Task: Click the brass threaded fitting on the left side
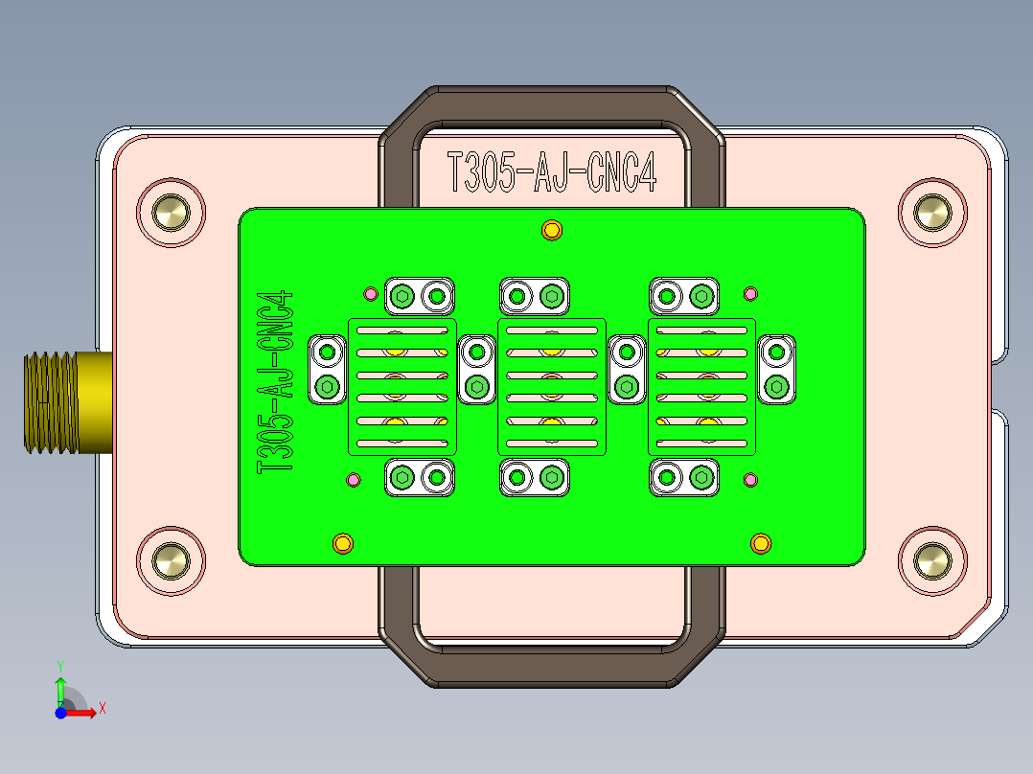point(68,402)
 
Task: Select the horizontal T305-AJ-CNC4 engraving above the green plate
point(552,171)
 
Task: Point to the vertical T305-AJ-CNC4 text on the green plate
point(275,382)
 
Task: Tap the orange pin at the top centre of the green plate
point(551,231)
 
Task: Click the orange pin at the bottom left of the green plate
point(343,543)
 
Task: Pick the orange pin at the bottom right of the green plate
point(760,543)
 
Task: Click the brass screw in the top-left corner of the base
point(171,213)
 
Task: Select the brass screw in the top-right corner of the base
point(932,213)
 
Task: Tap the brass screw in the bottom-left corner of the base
point(171,561)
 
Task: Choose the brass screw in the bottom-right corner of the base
point(932,561)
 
